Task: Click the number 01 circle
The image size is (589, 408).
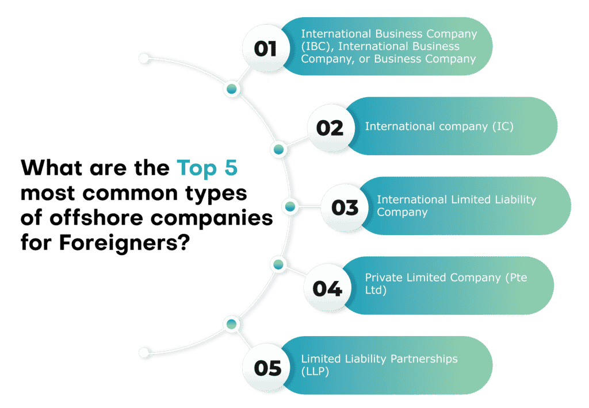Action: coord(266,48)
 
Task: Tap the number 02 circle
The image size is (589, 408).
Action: coord(331,128)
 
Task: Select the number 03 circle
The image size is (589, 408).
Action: coord(345,207)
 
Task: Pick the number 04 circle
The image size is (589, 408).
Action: coord(327,287)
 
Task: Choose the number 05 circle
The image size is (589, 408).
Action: coord(266,367)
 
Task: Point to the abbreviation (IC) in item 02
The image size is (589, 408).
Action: coord(503,126)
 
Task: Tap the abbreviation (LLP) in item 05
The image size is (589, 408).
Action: coord(315,372)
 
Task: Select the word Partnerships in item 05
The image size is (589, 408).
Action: coord(424,359)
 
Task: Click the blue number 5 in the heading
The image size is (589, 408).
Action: coord(231,167)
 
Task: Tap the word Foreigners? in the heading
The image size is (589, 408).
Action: coord(124,243)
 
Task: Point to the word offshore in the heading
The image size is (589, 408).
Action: coord(97,218)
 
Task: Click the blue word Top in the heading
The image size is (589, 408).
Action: coord(197,168)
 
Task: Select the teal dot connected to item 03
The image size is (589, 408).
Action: coord(290,206)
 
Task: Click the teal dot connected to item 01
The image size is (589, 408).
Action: coord(232,89)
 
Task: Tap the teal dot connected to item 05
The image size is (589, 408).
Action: coord(231,324)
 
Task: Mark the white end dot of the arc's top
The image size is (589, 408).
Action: coord(144,58)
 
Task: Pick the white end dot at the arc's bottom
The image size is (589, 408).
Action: coord(144,352)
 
